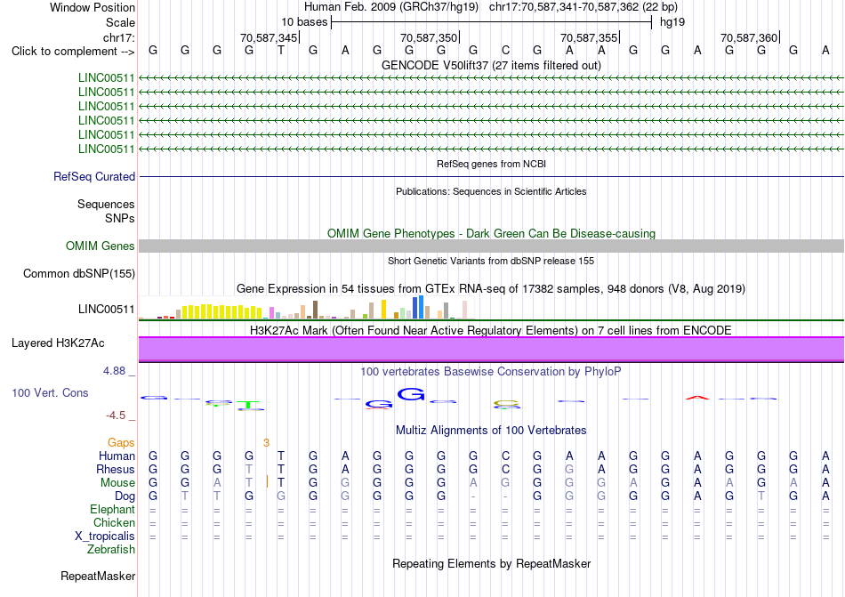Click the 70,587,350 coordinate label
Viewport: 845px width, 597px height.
pyautogui.click(x=429, y=37)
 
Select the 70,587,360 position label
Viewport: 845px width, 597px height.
pyautogui.click(x=749, y=37)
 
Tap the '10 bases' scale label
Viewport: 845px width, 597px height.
pyautogui.click(x=304, y=22)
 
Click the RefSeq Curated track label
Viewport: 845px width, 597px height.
pyautogui.click(x=94, y=177)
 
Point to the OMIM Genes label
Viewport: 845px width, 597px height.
pyautogui.click(x=101, y=246)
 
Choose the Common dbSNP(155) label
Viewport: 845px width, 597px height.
pyautogui.click(x=79, y=274)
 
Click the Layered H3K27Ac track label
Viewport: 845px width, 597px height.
pyautogui.click(x=58, y=343)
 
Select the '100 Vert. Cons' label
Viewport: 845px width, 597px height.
pyautogui.click(x=50, y=392)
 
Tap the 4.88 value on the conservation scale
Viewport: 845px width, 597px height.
pyautogui.click(x=114, y=371)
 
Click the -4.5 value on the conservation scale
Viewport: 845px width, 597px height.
pyautogui.click(x=116, y=415)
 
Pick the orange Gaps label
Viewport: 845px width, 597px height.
pyautogui.click(x=121, y=442)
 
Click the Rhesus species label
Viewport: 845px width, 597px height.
pyautogui.click(x=116, y=469)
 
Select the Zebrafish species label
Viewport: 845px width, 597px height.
pyautogui.click(x=111, y=550)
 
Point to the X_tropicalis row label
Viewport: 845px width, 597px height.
pyautogui.click(x=105, y=536)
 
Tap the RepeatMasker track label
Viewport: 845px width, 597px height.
pyautogui.click(x=98, y=576)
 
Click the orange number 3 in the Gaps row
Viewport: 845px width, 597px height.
pyautogui.click(x=266, y=443)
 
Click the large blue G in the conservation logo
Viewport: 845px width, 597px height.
pyautogui.click(x=411, y=394)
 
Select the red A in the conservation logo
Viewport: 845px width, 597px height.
pyautogui.click(x=697, y=398)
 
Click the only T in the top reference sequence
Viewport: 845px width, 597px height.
pyautogui.click(x=281, y=51)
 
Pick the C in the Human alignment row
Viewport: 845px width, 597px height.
pyautogui.click(x=505, y=456)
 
